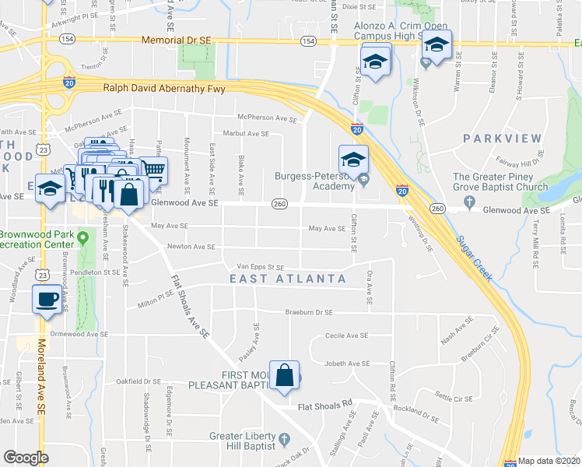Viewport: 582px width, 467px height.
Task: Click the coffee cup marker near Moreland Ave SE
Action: [x=47, y=299]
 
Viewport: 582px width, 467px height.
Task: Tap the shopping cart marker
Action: [x=154, y=169]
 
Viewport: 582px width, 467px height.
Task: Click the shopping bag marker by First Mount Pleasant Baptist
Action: [x=286, y=374]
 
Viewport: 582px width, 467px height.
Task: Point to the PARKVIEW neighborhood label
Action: [x=502, y=139]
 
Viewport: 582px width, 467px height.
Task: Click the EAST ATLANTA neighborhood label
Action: [x=288, y=279]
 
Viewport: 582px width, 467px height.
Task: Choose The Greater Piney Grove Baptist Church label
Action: [x=500, y=181]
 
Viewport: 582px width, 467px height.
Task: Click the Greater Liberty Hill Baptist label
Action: [x=242, y=441]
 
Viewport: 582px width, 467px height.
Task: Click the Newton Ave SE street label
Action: [x=191, y=247]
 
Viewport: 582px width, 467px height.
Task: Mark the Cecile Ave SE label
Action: [x=346, y=336]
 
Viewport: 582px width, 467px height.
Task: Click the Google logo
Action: [x=26, y=458]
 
